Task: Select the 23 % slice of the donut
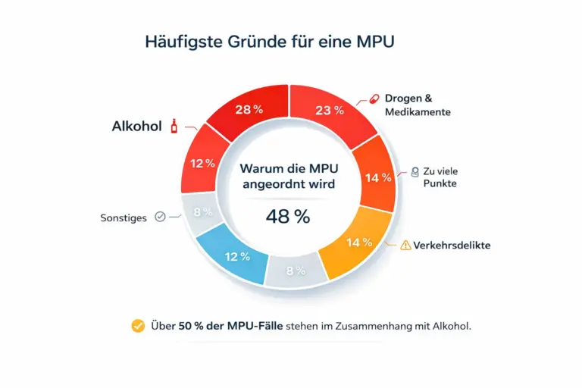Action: (x=330, y=110)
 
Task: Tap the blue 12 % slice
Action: (x=235, y=256)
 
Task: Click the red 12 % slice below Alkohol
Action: (x=202, y=164)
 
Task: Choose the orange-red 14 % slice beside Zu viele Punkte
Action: (x=377, y=178)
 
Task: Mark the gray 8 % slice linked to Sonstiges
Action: (x=202, y=213)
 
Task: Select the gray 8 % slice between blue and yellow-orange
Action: (x=295, y=270)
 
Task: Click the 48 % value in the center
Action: (x=288, y=216)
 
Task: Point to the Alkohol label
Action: (x=136, y=127)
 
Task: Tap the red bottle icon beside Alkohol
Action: (x=174, y=126)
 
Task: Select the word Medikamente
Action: (x=418, y=112)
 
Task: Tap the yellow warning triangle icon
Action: (x=405, y=245)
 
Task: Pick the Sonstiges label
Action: (x=124, y=217)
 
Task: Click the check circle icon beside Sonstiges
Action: (x=160, y=217)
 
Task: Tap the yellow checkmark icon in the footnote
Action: (x=138, y=326)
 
